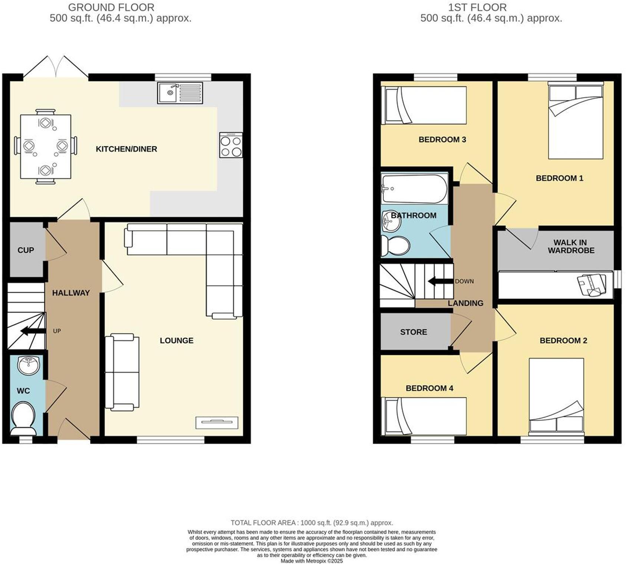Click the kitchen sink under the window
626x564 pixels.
click(180, 93)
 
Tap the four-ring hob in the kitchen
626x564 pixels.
click(231, 145)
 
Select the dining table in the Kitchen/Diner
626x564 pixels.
click(45, 146)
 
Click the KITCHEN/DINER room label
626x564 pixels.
click(126, 149)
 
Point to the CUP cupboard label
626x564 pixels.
click(26, 250)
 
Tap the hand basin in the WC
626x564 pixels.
click(29, 365)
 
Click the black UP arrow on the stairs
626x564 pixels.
click(32, 331)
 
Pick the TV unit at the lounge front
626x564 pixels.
click(217, 422)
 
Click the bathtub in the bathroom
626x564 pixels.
click(414, 189)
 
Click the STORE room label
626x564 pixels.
click(414, 332)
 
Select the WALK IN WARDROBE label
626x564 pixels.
click(570, 247)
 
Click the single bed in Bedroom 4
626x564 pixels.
click(425, 416)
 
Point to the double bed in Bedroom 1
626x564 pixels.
click(576, 121)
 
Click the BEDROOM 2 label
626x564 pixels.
click(563, 340)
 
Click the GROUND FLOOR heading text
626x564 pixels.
click(111, 7)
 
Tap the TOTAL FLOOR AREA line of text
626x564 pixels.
click(312, 523)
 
